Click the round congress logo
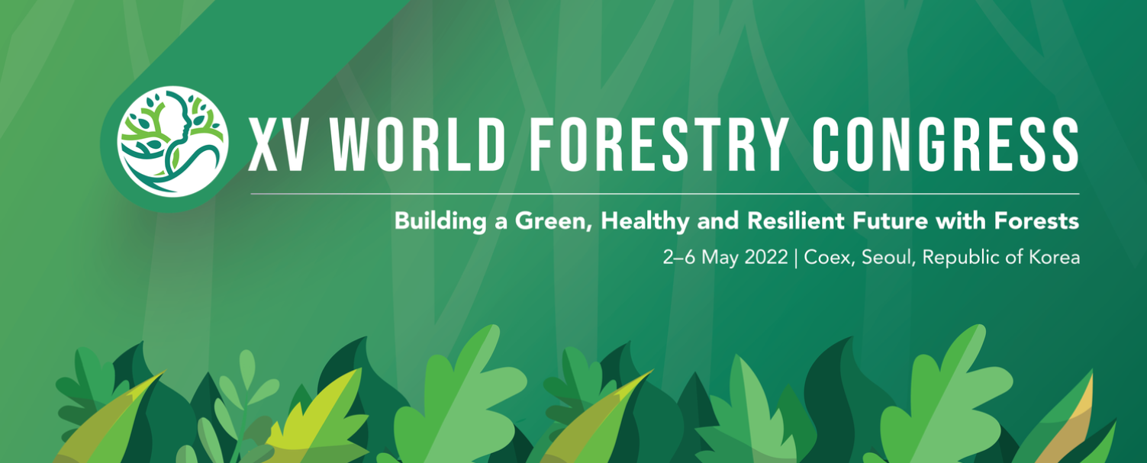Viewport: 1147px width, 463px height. (x=172, y=142)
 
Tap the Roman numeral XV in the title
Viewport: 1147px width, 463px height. (x=276, y=145)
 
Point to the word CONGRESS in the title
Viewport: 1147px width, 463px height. (x=946, y=145)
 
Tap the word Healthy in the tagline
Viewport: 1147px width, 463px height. (x=645, y=222)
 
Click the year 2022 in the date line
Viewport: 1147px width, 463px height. (x=766, y=257)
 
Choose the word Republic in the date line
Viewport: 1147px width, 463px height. (x=961, y=258)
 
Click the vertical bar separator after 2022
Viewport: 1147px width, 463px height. (x=796, y=258)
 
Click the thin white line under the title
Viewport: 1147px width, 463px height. (x=665, y=194)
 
